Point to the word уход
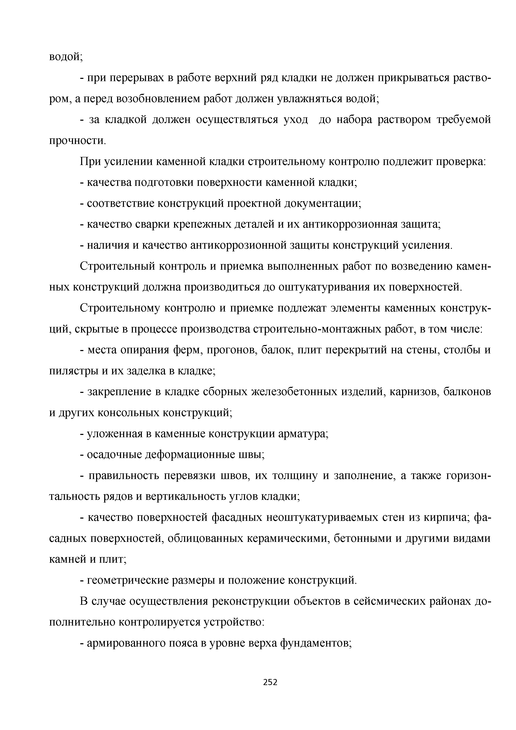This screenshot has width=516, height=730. [x=296, y=120]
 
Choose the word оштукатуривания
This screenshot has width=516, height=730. [x=331, y=287]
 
